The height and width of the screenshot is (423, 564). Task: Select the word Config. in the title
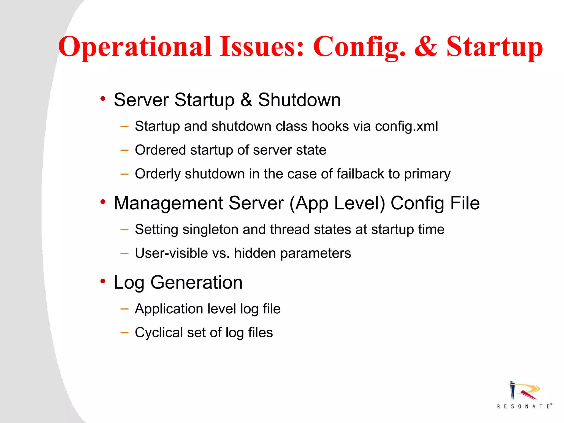(359, 47)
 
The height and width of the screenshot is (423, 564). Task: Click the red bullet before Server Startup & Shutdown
(103, 99)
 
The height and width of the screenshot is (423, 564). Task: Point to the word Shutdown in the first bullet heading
(299, 100)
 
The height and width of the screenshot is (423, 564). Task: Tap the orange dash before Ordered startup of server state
(124, 150)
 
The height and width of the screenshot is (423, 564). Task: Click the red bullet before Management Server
(103, 202)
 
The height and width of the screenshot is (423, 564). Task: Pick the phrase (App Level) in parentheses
(337, 203)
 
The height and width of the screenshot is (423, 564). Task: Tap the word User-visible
(171, 253)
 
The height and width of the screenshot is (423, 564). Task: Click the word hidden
(255, 253)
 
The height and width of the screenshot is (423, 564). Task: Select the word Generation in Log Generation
(196, 283)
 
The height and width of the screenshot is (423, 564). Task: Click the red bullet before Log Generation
(103, 281)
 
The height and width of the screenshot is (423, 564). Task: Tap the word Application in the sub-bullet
(169, 309)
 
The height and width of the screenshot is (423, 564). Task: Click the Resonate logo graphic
(523, 391)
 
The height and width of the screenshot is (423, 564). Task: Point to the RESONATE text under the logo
(524, 406)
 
